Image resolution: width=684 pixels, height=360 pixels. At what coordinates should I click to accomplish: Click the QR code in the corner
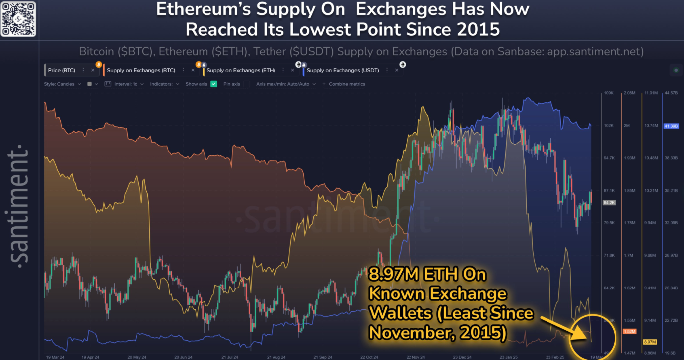[x=18, y=18]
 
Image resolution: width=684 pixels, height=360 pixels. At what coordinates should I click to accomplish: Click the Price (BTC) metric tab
[x=62, y=71]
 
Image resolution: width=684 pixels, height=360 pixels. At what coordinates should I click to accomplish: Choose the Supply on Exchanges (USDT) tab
[x=342, y=71]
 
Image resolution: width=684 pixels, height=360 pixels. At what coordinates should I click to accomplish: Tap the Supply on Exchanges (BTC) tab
[x=141, y=71]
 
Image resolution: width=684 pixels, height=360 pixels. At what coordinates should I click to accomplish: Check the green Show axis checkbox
[x=214, y=84]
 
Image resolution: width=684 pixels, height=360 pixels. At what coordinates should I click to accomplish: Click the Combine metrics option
[x=346, y=84]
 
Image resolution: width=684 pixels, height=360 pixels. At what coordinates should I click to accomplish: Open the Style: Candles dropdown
[x=62, y=84]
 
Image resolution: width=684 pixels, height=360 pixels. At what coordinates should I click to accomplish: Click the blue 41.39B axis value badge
[x=670, y=126]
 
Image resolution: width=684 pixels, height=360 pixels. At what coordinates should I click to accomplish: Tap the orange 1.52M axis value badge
[x=628, y=331]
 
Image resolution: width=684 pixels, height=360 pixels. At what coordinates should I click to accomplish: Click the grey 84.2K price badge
[x=609, y=203]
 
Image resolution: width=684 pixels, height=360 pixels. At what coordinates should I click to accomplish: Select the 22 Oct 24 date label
[x=370, y=357]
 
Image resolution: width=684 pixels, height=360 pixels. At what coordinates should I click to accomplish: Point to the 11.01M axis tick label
[x=650, y=93]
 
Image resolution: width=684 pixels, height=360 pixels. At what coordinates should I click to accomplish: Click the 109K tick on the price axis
[x=609, y=93]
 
